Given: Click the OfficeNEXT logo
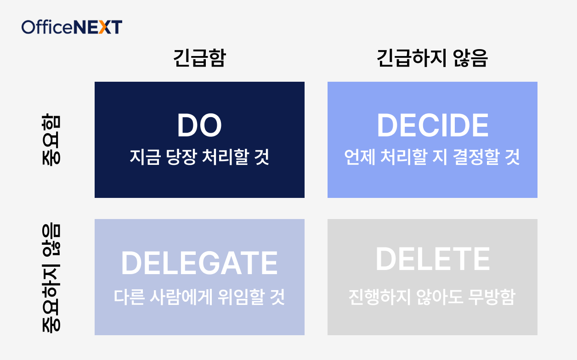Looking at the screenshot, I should click(72, 27).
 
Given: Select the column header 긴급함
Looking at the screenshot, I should click(199, 59).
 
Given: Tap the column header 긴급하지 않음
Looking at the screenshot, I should click(432, 59).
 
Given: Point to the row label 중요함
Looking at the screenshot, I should click(50, 140).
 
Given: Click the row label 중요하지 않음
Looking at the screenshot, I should click(50, 277).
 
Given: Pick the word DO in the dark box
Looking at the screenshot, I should click(199, 126).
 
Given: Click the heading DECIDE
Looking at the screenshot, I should click(432, 126).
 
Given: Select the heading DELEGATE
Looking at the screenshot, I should click(199, 263).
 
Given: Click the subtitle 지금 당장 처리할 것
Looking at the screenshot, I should click(199, 157).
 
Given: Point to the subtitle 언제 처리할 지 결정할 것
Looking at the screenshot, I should click(432, 157).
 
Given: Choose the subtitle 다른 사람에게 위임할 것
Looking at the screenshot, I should click(199, 297).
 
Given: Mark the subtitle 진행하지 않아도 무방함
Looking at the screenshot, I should click(432, 297).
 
